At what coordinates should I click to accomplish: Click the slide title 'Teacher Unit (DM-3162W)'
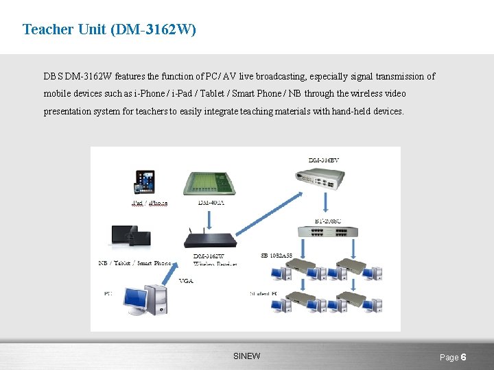coord(109,29)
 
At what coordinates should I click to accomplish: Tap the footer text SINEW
coord(247,356)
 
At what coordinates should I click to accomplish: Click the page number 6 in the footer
coord(464,357)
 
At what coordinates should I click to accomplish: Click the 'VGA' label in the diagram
coord(186,281)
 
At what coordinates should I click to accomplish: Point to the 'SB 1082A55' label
coord(277,256)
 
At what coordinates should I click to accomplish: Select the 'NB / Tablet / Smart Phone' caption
coord(134,263)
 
